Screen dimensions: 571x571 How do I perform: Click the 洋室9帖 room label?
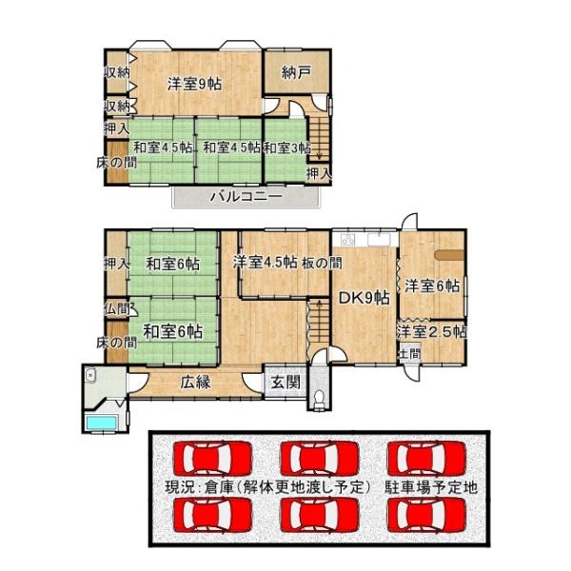tap(195, 84)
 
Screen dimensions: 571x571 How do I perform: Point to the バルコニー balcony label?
tap(245, 197)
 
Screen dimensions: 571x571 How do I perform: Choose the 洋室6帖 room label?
tap(433, 285)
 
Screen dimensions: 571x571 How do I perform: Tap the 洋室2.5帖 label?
tap(432, 332)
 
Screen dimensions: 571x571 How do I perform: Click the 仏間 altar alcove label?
tap(116, 308)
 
